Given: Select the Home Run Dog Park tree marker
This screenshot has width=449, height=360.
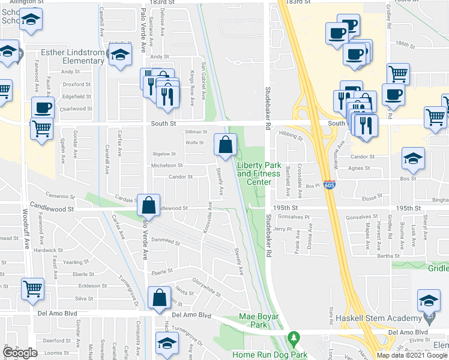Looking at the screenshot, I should click(x=293, y=339).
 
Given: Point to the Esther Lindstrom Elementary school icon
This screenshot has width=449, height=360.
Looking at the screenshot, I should click(x=121, y=55).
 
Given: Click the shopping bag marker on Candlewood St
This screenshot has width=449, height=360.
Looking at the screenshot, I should click(x=148, y=205).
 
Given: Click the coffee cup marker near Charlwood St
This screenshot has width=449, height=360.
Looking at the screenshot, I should click(x=43, y=108).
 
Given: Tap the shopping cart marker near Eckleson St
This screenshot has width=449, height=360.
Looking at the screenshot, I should click(x=32, y=289).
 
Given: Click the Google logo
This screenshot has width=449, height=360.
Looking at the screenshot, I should click(x=20, y=353).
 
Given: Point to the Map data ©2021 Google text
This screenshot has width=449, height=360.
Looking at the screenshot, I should click(x=412, y=355).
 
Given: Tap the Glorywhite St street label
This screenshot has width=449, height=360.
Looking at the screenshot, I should click(x=208, y=288).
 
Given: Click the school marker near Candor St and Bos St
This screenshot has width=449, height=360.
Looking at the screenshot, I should click(x=412, y=158).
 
